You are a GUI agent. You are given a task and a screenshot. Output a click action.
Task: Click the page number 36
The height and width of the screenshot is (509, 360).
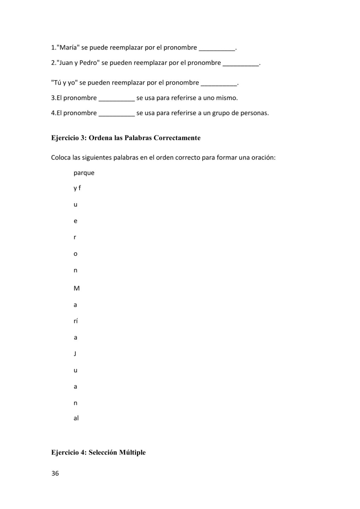55,473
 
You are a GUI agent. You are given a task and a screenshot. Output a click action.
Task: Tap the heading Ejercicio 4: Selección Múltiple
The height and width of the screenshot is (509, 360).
98,452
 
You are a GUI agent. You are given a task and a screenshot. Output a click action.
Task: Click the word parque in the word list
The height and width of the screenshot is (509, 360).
84,173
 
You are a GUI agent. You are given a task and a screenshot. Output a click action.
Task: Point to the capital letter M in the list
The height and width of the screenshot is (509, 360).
76,288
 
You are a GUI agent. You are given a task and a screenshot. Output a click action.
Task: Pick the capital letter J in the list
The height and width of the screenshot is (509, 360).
75,353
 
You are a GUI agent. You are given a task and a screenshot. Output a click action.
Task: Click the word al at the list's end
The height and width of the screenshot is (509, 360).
76,418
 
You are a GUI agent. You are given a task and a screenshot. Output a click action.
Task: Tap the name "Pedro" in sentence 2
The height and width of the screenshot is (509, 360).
89,63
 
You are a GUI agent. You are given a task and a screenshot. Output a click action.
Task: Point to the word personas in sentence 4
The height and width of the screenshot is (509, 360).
255,113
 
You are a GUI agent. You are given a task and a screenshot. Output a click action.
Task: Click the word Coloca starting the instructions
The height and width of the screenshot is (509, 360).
61,157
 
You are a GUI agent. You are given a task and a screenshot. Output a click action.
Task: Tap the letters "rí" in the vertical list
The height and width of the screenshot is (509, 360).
76,321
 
